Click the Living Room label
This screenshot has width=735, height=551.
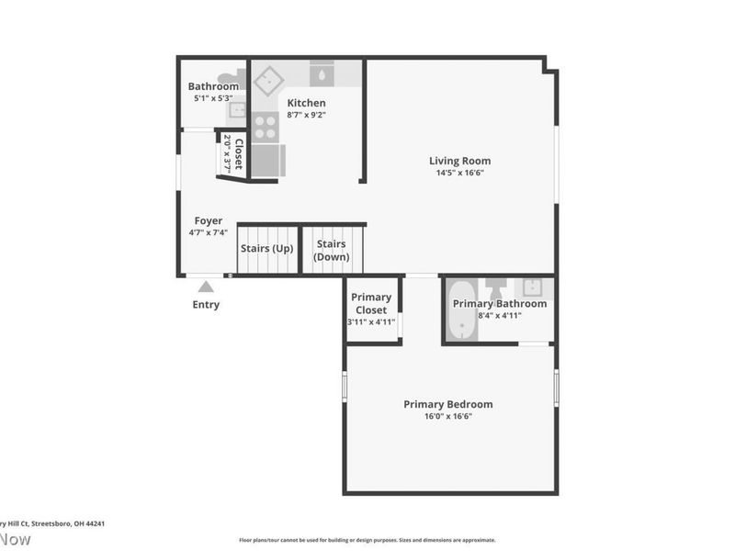(x=459, y=161)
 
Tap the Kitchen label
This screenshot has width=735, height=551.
(x=306, y=103)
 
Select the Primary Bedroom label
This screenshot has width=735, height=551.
(x=448, y=404)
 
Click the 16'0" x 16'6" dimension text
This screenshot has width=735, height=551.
(x=448, y=416)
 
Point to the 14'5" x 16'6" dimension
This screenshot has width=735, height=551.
(x=459, y=173)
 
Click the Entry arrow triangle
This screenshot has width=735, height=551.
(x=206, y=287)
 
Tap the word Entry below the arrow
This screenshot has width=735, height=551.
(x=206, y=305)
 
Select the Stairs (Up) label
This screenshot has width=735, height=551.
(x=266, y=248)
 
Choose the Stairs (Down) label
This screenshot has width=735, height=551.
(x=331, y=250)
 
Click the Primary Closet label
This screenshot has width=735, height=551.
(x=372, y=303)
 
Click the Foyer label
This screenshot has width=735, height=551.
(x=208, y=220)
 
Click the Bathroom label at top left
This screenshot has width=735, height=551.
(x=213, y=86)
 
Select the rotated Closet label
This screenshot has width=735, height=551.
(x=238, y=154)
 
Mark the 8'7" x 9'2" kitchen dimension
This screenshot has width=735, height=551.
(x=306, y=115)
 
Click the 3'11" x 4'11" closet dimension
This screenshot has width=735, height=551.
(x=371, y=321)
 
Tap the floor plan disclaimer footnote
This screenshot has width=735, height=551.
(x=367, y=540)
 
